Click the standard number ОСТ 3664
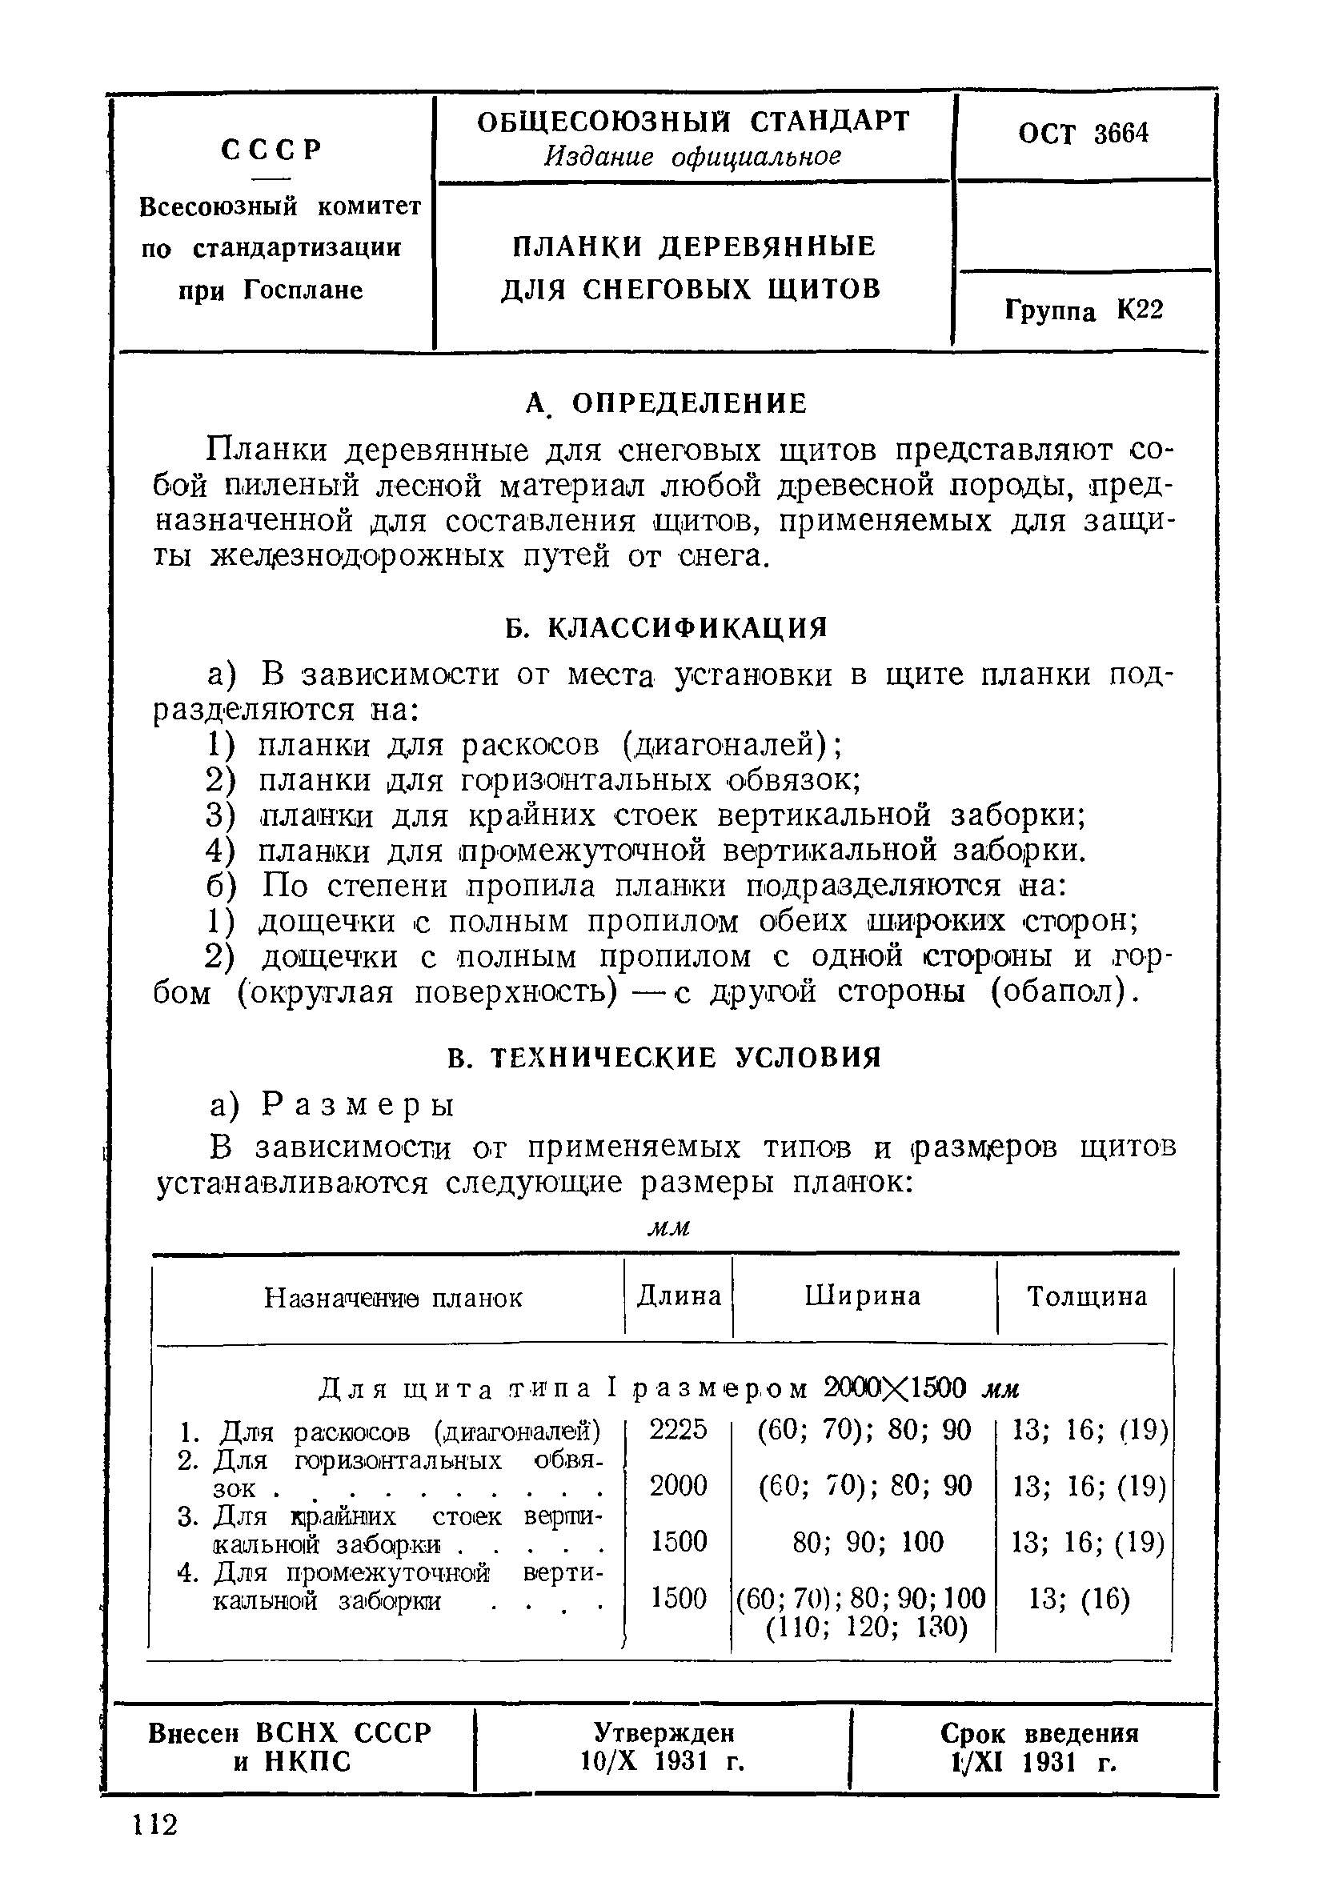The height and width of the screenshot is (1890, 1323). [x=1082, y=134]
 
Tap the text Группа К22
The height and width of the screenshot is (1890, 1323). [x=1084, y=310]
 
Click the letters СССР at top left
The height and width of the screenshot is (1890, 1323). [x=271, y=150]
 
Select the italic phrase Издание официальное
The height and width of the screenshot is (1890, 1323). [x=692, y=156]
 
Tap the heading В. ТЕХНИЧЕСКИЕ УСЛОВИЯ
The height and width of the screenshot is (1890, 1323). [x=665, y=1058]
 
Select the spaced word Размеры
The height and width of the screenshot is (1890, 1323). [x=358, y=1105]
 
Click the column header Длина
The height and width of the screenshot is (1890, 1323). [x=679, y=1296]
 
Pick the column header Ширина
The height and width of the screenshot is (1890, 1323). [x=862, y=1296]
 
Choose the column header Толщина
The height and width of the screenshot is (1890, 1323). [x=1086, y=1297]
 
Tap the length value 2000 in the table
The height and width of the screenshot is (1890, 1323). [x=678, y=1486]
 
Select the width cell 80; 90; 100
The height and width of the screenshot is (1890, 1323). [x=867, y=1542]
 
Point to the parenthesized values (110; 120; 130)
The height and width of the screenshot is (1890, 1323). [x=865, y=1629]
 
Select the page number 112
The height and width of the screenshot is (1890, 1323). [x=154, y=1825]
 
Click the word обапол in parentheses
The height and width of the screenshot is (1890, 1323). [x=1058, y=992]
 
